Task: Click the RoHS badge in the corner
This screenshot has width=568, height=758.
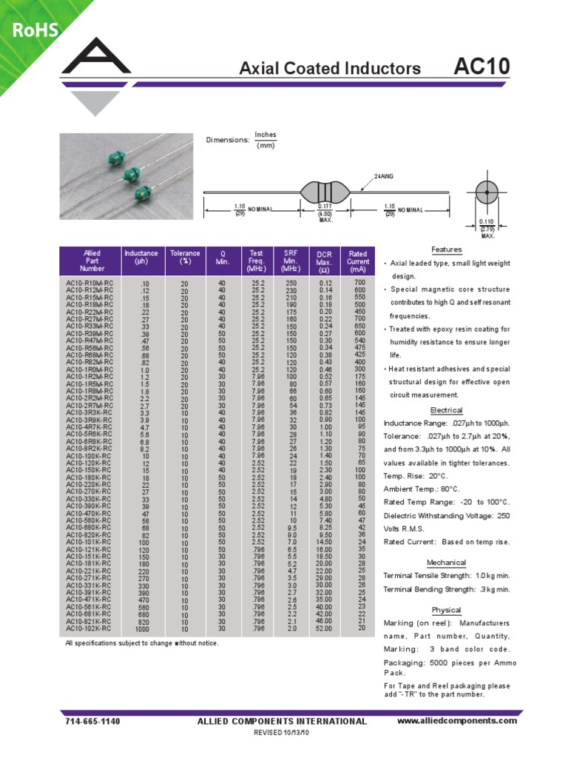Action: [x=34, y=30]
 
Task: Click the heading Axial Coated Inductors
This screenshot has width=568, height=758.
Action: [x=330, y=69]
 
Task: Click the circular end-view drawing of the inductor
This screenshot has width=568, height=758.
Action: [x=487, y=192]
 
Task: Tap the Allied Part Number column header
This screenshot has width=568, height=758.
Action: [x=92, y=261]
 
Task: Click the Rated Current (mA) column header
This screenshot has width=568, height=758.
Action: [x=358, y=261]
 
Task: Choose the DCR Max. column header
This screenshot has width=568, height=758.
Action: [x=325, y=261]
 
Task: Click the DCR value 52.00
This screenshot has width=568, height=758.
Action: [x=325, y=628]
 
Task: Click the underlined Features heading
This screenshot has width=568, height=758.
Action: [x=446, y=250]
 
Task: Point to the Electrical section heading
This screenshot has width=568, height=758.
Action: [x=446, y=410]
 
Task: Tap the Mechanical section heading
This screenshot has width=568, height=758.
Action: [x=446, y=562]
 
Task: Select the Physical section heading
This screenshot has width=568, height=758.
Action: [x=446, y=610]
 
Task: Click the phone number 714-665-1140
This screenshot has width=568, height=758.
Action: [x=92, y=721]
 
